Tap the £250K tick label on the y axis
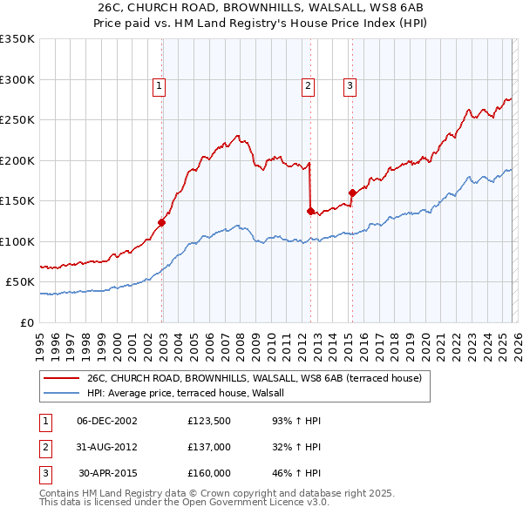(17, 120)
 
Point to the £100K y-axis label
(17, 241)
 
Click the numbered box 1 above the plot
(160, 85)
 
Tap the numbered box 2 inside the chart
(309, 85)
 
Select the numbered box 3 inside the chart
(350, 85)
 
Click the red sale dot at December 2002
(162, 223)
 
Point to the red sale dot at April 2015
(352, 193)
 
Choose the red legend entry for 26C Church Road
(255, 378)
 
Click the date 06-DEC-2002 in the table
(107, 421)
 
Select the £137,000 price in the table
(209, 447)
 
